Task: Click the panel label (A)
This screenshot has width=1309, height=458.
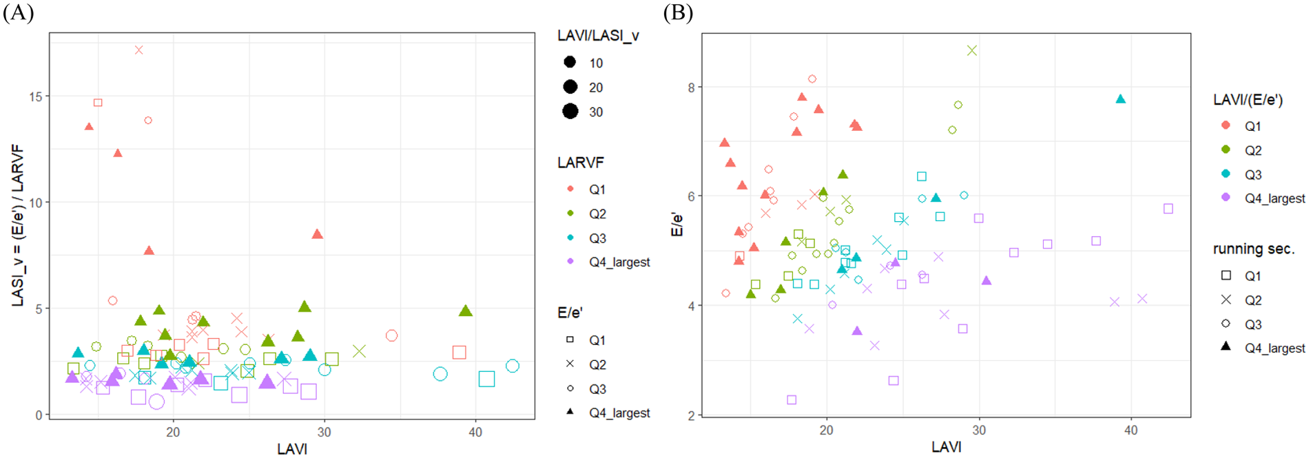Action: (18, 12)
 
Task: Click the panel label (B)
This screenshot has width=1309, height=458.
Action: (678, 12)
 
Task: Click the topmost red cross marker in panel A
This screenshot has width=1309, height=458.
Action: (139, 50)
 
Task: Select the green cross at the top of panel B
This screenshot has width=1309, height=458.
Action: (972, 50)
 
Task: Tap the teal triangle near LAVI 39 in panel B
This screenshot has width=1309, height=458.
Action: (1120, 99)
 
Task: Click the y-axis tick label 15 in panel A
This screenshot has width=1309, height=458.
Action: (35, 96)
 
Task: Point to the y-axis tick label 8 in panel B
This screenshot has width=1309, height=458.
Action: (691, 87)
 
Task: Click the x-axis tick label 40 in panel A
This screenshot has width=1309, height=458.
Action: (475, 433)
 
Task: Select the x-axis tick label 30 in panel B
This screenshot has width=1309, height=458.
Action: (978, 430)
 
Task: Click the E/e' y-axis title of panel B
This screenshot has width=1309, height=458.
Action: (677, 225)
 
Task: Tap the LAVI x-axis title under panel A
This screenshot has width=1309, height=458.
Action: (292, 449)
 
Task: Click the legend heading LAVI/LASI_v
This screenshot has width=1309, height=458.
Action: (598, 36)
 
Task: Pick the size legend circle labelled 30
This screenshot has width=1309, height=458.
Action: (570, 112)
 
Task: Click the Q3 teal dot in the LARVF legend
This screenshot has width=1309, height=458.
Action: (570, 238)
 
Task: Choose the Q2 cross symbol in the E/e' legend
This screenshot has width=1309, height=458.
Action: (570, 364)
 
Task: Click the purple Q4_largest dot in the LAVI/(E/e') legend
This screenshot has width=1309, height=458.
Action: (1226, 198)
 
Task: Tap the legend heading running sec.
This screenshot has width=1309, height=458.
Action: (1254, 249)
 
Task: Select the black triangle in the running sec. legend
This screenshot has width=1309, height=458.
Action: (1226, 347)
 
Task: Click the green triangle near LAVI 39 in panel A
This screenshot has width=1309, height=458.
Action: (466, 311)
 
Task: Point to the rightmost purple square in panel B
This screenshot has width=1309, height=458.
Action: (1168, 209)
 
